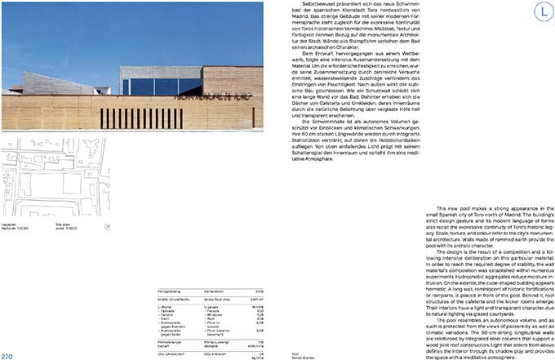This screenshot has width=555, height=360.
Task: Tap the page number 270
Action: [7, 355]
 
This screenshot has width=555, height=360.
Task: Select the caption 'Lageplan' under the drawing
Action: [11, 222]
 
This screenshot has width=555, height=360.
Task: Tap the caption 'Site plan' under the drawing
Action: [64, 222]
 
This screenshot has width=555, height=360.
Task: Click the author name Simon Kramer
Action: [302, 357]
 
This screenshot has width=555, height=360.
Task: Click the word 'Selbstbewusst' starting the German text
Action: [317, 5]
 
